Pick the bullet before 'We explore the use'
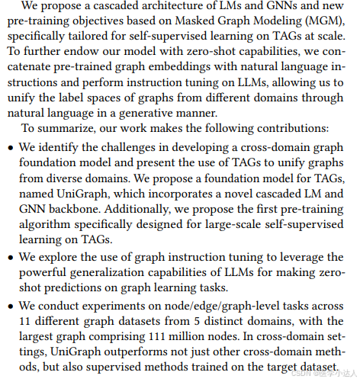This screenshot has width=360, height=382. [x=10, y=258]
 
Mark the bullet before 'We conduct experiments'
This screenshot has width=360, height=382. [x=10, y=306]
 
